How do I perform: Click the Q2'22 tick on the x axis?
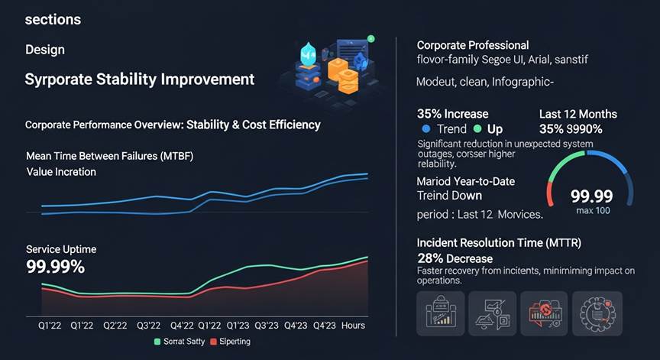pos(115,326)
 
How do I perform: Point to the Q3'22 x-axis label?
pos(147,326)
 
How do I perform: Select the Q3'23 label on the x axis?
pos(267,326)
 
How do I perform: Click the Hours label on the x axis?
pos(354,326)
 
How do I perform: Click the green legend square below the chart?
pos(157,342)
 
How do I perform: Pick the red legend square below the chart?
pos(214,342)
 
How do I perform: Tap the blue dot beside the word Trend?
pos(425,129)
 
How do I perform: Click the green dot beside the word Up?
pos(478,129)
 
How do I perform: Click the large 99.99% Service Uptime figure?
pos(55,267)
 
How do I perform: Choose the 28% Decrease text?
pos(455,258)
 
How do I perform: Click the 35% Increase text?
pos(453,114)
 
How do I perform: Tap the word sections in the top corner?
pos(53,19)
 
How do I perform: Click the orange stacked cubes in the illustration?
pos(343,72)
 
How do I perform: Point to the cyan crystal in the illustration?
pos(309,55)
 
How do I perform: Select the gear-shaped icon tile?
pos(597,313)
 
